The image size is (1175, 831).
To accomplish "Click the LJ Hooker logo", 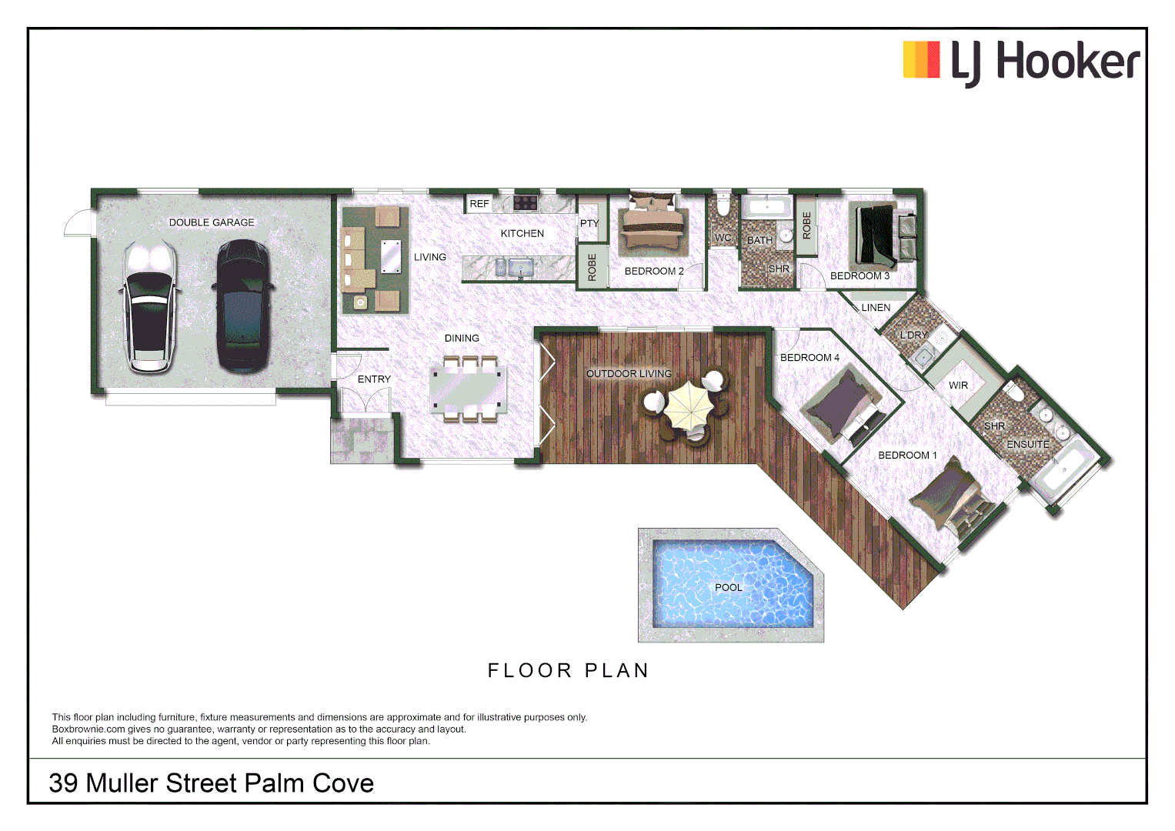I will point(1021,62).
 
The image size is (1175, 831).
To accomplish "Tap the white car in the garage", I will point(149,306).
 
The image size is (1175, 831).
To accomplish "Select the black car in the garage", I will point(242,306).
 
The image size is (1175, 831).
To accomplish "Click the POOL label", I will point(729,587).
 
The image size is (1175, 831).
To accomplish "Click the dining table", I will point(468,389).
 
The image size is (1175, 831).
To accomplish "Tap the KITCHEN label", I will point(522,233).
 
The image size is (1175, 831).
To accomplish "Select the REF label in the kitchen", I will point(479,204).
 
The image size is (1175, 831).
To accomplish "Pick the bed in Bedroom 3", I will point(877,235).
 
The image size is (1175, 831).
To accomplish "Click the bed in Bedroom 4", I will point(843,402).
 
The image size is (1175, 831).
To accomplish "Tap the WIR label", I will point(958,385).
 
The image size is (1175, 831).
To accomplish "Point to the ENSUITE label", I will point(1027,444).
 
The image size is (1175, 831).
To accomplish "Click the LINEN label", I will point(876,307).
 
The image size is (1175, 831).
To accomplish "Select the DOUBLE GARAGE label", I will point(212,222).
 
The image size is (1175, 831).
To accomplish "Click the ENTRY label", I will point(374,379).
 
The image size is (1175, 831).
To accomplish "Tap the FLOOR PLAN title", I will point(569,671).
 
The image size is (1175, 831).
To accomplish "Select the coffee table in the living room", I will point(391,256).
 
